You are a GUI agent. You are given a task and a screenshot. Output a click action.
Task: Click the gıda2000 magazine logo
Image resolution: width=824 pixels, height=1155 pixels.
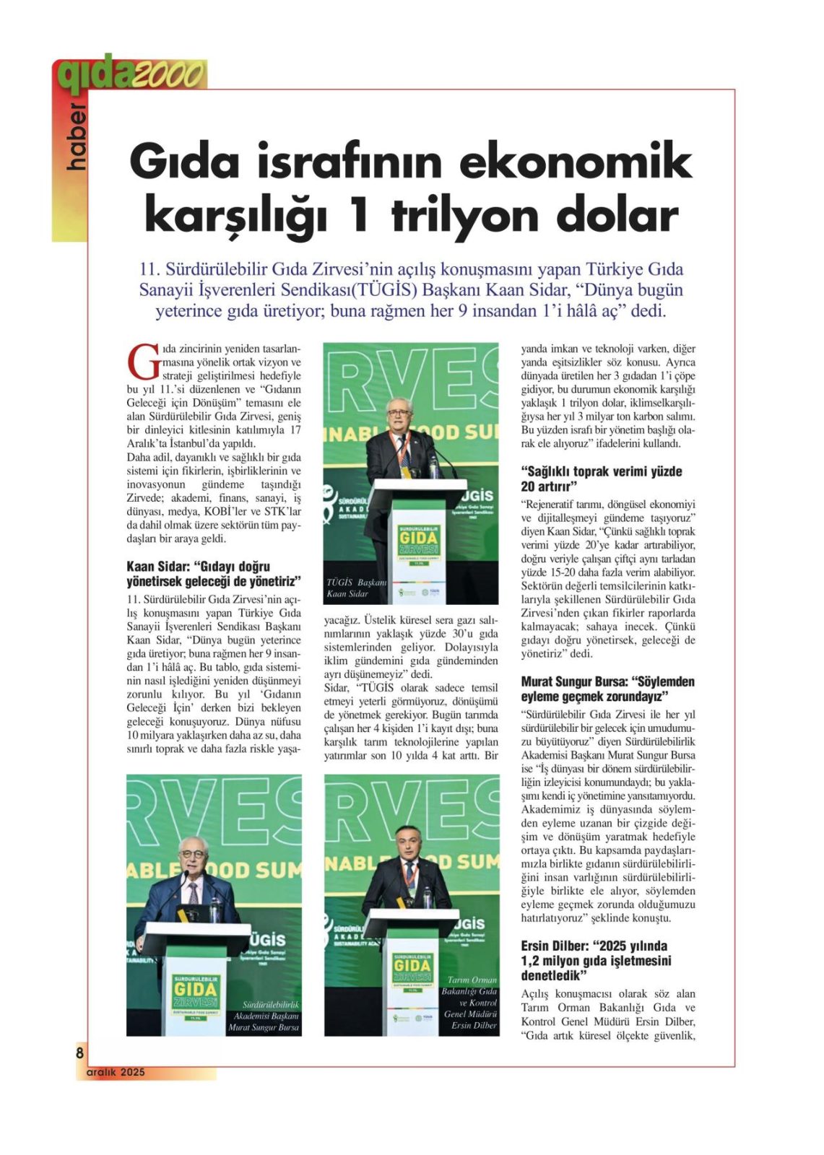pyautogui.click(x=130, y=74)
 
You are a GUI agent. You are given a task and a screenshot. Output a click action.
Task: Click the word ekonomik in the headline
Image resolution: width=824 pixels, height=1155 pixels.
pyautogui.click(x=575, y=162)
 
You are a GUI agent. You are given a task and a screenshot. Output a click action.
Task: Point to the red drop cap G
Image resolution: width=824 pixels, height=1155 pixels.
pyautogui.click(x=143, y=363)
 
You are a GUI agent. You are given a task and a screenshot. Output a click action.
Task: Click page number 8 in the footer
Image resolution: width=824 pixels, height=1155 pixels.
pyautogui.click(x=79, y=1052)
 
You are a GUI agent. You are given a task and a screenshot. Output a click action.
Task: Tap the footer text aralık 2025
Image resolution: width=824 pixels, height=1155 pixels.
pyautogui.click(x=116, y=1072)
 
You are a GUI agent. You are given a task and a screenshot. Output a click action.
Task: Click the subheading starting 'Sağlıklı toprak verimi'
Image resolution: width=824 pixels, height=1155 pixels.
pyautogui.click(x=601, y=479)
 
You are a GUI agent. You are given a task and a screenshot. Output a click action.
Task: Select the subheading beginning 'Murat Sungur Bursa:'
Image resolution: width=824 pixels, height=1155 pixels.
pyautogui.click(x=607, y=689)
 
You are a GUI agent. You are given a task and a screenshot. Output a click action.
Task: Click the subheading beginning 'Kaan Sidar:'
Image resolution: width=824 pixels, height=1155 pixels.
pyautogui.click(x=213, y=574)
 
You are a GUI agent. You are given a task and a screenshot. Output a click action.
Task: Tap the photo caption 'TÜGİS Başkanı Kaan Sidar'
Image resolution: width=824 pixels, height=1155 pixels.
pyautogui.click(x=356, y=588)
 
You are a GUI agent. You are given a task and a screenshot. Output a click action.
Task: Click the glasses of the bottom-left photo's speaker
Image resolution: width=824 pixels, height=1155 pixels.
pyautogui.click(x=192, y=854)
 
